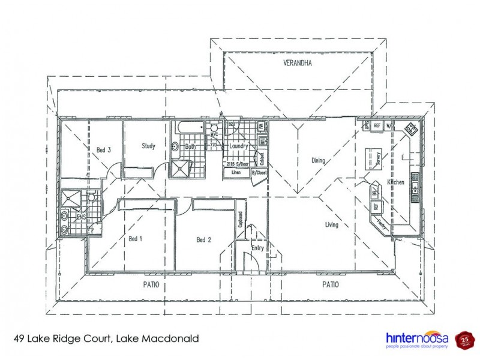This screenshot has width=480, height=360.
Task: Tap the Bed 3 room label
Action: pyautogui.click(x=104, y=150)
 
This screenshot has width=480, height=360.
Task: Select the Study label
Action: pyautogui.click(x=149, y=145)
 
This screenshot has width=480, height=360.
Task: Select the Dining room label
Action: pyautogui.click(x=318, y=160)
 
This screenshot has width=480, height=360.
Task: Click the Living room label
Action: pyautogui.click(x=331, y=225)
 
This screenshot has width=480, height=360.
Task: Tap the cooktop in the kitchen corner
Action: pyautogui.click(x=412, y=129)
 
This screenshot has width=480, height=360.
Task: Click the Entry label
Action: pyautogui.click(x=257, y=248)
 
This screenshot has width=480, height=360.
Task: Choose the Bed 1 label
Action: pyautogui.click(x=136, y=238)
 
